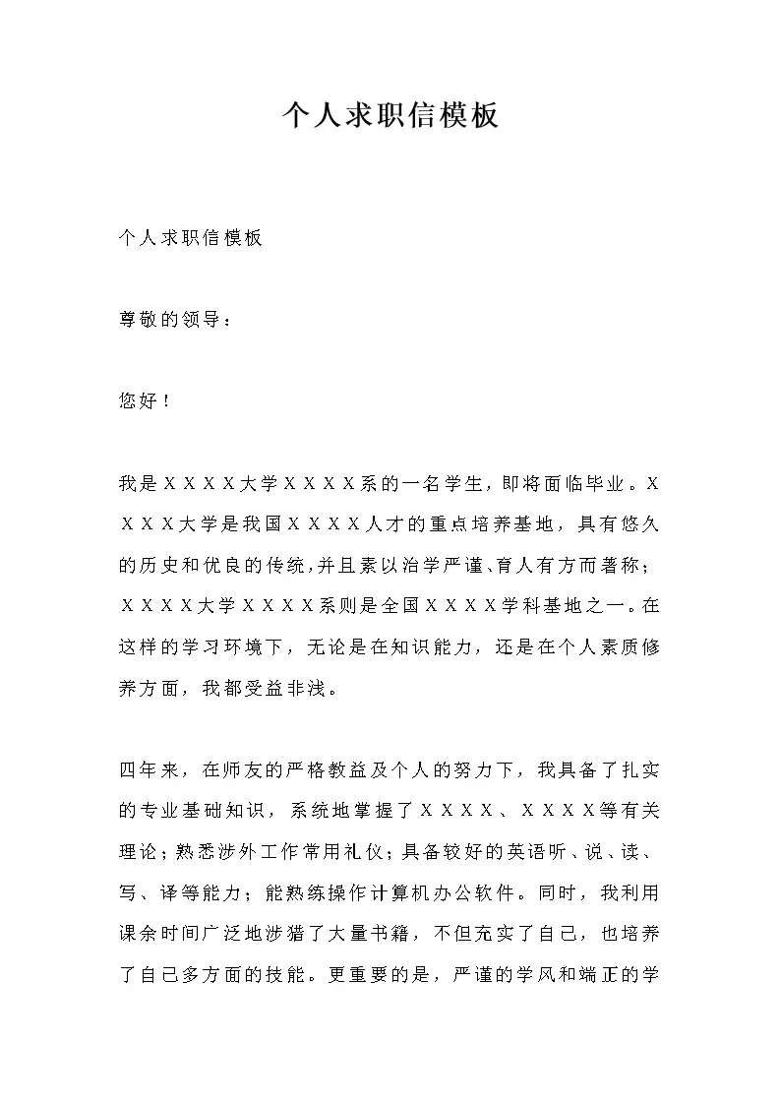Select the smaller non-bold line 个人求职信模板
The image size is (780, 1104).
(x=190, y=238)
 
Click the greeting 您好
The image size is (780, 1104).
(x=139, y=401)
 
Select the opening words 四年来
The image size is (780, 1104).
(x=150, y=769)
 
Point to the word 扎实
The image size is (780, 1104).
(x=641, y=769)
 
